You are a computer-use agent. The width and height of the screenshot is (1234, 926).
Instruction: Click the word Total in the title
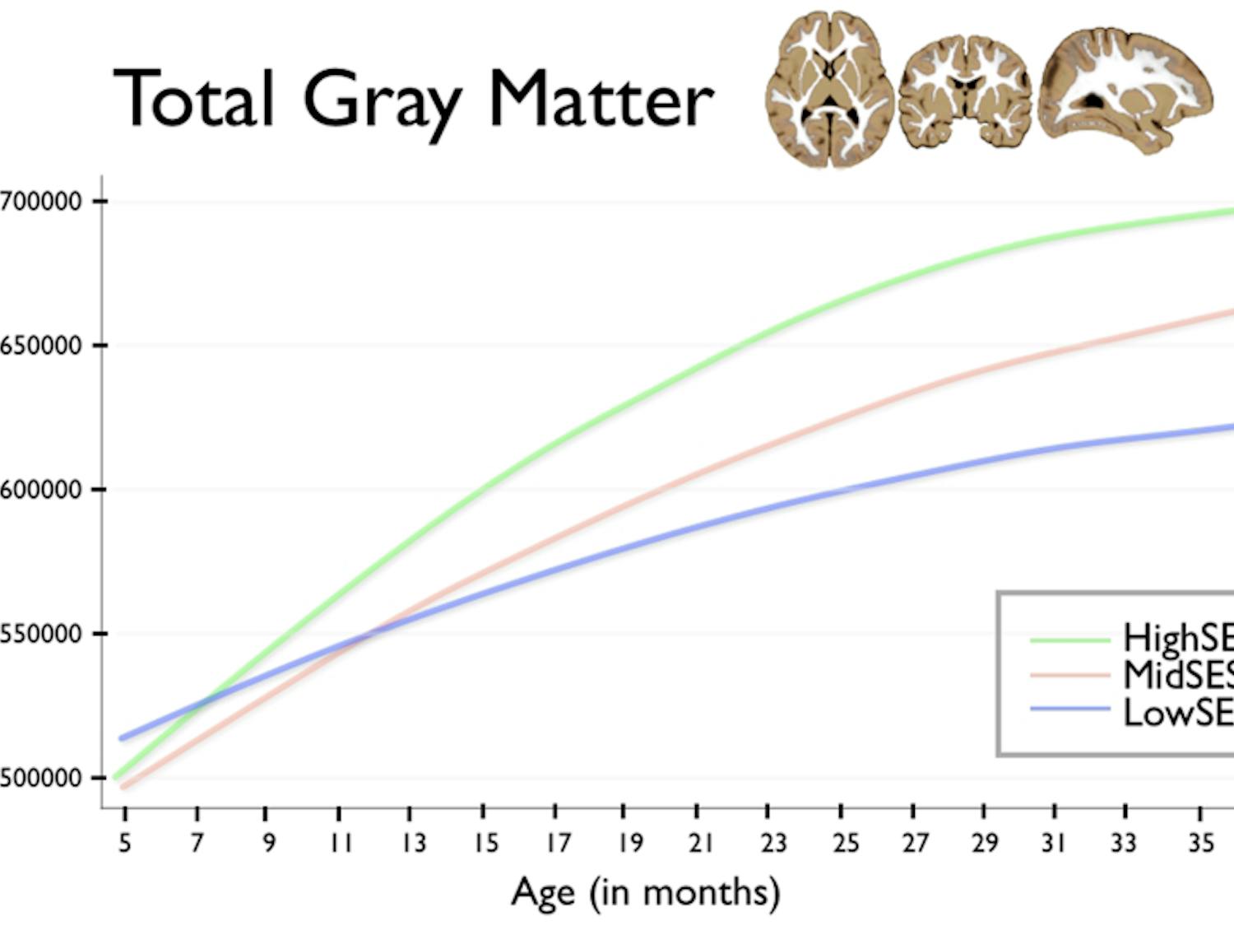(x=193, y=99)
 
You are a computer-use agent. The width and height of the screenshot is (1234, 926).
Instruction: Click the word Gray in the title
(x=383, y=103)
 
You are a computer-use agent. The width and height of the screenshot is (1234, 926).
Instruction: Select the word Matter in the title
(x=601, y=99)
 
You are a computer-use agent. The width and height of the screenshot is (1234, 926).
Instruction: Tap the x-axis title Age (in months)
(x=645, y=893)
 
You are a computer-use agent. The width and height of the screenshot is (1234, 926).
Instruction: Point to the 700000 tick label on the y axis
(x=41, y=201)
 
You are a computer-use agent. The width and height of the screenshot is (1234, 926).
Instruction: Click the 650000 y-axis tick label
(x=41, y=345)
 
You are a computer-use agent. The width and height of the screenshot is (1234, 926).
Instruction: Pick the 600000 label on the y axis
(x=41, y=489)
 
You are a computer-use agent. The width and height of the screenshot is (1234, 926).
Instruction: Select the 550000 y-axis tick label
(x=41, y=634)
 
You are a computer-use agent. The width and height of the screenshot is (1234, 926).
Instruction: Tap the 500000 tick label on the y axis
(x=41, y=778)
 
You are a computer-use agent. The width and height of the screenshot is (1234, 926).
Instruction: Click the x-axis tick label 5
(x=124, y=843)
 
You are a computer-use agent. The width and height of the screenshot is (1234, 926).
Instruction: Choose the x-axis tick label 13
(x=413, y=843)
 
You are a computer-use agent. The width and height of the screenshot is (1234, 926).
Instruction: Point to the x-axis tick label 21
(x=700, y=843)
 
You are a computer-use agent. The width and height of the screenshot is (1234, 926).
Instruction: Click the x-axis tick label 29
(x=985, y=843)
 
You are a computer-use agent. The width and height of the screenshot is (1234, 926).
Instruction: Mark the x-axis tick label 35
(x=1200, y=843)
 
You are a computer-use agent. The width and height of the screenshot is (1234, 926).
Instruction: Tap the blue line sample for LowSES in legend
(x=1069, y=710)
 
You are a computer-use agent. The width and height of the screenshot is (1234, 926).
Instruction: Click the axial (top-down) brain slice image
(x=829, y=89)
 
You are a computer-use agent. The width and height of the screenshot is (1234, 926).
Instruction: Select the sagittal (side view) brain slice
(x=1125, y=91)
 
